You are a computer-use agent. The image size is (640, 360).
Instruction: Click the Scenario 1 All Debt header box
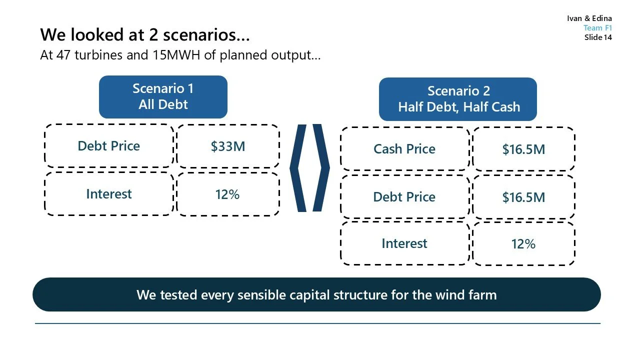point(163,97)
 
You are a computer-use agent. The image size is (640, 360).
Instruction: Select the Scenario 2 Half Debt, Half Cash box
point(457,99)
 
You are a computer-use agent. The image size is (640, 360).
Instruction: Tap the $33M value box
point(228,146)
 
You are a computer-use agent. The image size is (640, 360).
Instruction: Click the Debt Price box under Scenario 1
point(109,146)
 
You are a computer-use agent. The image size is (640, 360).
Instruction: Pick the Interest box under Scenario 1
point(109,194)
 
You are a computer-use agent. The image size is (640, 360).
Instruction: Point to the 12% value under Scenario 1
point(228,194)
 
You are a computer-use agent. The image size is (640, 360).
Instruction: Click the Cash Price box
point(404,149)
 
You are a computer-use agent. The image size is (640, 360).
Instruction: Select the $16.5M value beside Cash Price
point(523,149)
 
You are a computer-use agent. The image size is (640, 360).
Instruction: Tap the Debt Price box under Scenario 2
point(404,197)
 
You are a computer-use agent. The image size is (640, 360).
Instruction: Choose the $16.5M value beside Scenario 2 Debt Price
point(523,197)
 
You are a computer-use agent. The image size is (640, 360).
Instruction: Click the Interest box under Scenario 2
point(404,243)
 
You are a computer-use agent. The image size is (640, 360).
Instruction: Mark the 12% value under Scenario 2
point(523,243)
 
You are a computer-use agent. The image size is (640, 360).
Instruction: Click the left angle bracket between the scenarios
point(298,167)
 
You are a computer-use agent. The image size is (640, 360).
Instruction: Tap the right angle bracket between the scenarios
point(321,167)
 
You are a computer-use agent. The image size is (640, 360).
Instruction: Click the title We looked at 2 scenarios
point(145,35)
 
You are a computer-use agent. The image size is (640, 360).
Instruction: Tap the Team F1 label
point(597,28)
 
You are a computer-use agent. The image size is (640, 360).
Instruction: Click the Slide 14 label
point(598,37)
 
